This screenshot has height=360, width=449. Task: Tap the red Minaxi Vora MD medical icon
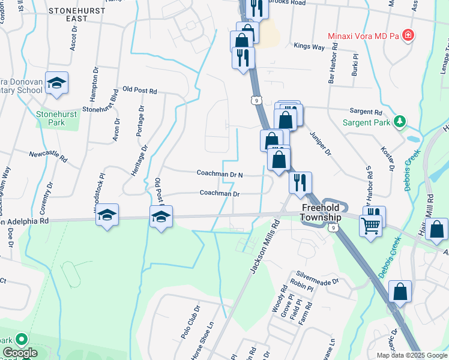click(x=408, y=35)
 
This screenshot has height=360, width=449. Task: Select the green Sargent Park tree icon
click(x=399, y=122)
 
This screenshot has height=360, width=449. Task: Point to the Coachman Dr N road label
click(x=220, y=173)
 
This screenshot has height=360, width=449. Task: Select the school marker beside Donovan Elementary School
click(x=56, y=84)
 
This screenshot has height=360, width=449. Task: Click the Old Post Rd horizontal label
click(x=139, y=91)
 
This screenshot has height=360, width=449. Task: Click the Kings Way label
click(x=309, y=46)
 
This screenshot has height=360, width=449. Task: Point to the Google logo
click(x=20, y=353)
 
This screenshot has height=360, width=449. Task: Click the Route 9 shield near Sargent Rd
click(x=256, y=101)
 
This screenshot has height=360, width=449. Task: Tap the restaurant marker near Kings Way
click(x=243, y=58)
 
